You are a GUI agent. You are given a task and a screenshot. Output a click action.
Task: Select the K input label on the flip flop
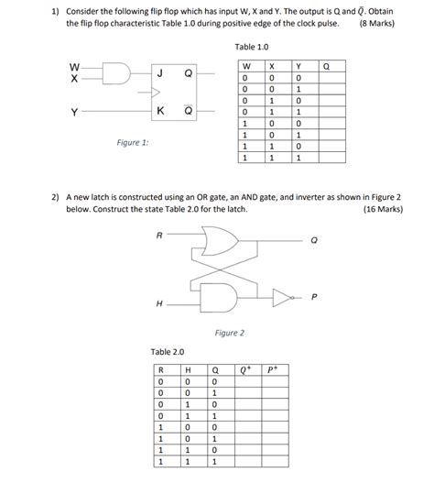tap(160, 112)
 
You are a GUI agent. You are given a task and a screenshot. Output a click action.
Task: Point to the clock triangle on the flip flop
tap(156, 93)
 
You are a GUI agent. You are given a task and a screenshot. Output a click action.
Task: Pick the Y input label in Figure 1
tap(74, 113)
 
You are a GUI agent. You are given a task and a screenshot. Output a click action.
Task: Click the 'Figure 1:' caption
tap(133, 143)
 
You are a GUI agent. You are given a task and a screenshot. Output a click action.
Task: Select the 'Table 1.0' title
tap(252, 46)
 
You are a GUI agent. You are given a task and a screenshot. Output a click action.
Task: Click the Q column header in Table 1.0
tap(328, 67)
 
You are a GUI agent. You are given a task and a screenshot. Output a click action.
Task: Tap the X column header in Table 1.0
tap(272, 67)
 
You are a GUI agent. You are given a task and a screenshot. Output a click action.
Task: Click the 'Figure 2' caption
tap(229, 333)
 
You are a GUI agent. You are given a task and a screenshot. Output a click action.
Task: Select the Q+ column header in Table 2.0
tap(245, 370)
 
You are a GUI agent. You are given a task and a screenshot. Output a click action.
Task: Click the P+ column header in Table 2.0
tap(273, 370)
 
